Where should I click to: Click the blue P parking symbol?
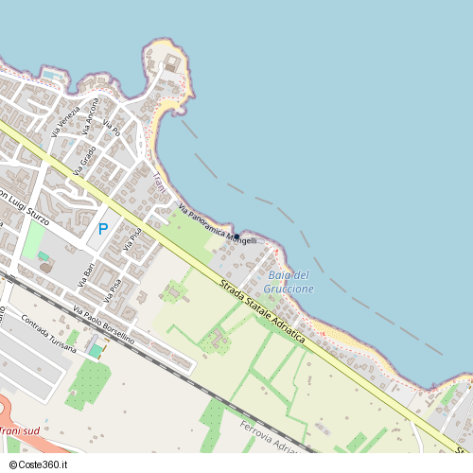[x=102, y=228]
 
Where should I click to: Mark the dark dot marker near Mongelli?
[x=236, y=236]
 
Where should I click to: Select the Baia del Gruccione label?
[x=289, y=281]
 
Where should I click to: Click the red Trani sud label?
[x=21, y=431]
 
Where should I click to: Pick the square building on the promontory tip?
[x=172, y=64]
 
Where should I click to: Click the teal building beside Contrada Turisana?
[x=95, y=350]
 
